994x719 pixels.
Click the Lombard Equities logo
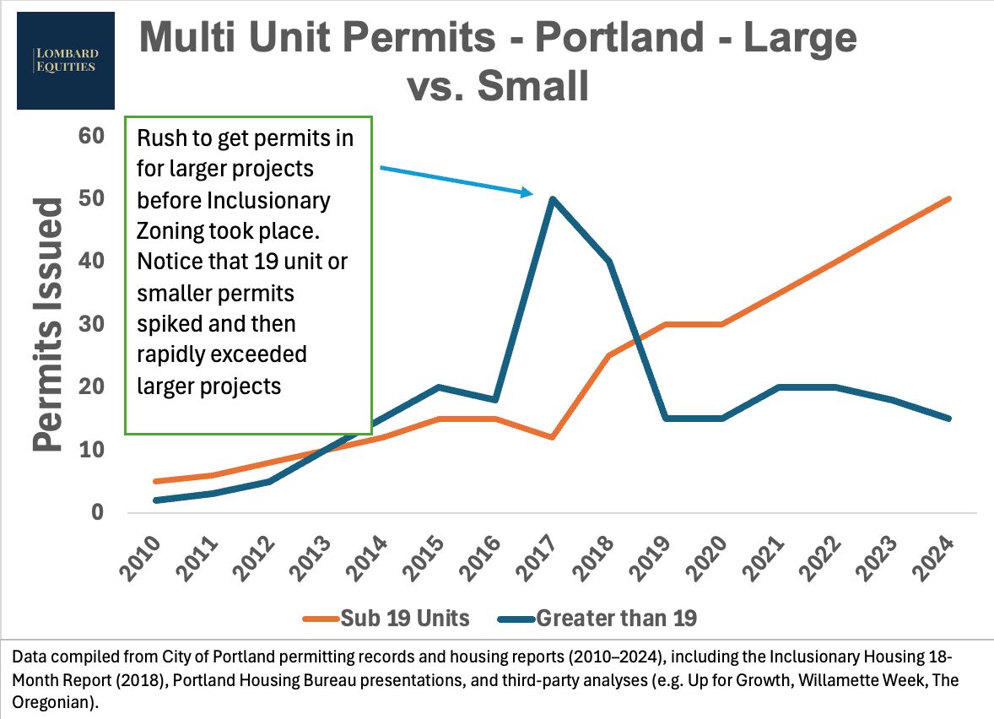point(66,60)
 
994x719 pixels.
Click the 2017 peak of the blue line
point(552,199)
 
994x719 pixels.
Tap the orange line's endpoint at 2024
point(949,199)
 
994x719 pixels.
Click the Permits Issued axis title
point(49,324)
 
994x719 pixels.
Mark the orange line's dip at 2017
point(552,437)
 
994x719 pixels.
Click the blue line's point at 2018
point(608,262)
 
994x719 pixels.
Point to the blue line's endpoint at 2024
point(949,419)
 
